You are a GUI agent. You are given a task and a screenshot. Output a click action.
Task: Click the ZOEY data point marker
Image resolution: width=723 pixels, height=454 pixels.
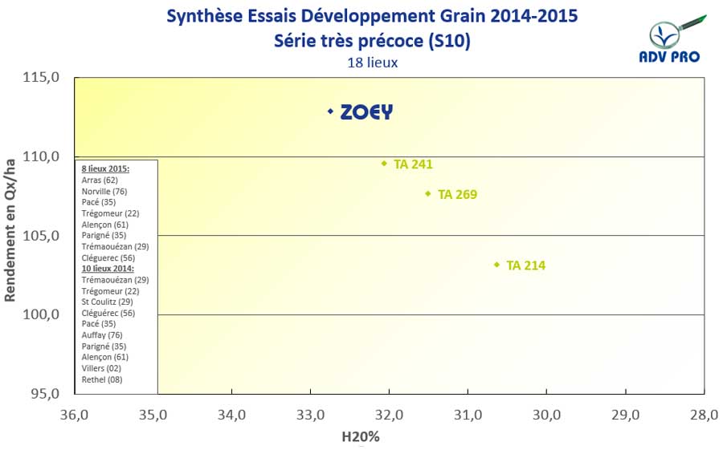(x=330, y=111)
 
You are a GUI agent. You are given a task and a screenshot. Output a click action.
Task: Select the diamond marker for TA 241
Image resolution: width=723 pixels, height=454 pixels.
(x=384, y=164)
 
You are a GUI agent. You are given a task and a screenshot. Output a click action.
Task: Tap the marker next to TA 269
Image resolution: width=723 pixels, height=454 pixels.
(x=428, y=193)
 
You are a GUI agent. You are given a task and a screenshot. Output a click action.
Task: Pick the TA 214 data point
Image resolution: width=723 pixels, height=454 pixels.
(x=497, y=265)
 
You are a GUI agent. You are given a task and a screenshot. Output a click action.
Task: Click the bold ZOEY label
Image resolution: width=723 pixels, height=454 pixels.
(x=366, y=112)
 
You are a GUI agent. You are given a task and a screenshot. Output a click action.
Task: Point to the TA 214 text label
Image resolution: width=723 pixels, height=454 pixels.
(x=526, y=266)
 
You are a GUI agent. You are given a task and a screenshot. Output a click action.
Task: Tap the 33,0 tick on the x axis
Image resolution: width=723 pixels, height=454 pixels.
(x=310, y=415)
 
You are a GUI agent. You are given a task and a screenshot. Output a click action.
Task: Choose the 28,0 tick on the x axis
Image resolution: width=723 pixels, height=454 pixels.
(x=704, y=415)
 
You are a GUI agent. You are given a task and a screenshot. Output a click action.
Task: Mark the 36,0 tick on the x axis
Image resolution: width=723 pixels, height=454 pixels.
(x=74, y=415)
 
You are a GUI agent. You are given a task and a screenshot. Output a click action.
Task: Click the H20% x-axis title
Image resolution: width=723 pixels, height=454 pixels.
(x=361, y=437)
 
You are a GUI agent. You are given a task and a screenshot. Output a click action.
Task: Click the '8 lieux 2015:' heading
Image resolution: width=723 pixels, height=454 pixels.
(x=106, y=169)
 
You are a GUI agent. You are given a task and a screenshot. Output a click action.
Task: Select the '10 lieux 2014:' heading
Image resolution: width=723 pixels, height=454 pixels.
(x=108, y=269)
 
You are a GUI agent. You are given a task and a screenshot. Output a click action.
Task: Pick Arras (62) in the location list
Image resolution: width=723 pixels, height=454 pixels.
(x=100, y=180)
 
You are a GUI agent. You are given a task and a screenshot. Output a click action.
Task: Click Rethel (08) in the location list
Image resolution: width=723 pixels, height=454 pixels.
(x=102, y=379)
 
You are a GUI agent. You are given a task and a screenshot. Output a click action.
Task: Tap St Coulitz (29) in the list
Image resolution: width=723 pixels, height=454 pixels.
(x=107, y=302)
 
